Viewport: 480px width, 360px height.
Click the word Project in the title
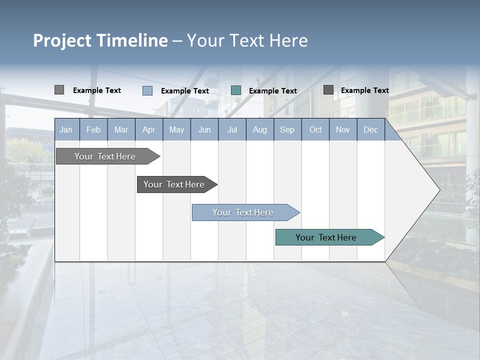pyautogui.click(x=62, y=40)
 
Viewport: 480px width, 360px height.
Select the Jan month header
pyautogui.click(x=66, y=130)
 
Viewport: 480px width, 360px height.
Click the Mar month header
pyautogui.click(x=121, y=130)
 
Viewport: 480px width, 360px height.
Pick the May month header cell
pyautogui.click(x=176, y=130)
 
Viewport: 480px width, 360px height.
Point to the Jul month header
pyautogui.click(x=232, y=130)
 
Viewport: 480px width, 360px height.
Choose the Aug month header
pyautogui.click(x=260, y=130)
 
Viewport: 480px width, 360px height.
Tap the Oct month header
pyautogui.click(x=315, y=130)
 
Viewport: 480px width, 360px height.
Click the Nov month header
pyautogui.click(x=343, y=130)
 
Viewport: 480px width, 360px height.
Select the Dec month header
pyautogui.click(x=370, y=130)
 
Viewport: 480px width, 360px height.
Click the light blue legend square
pyautogui.click(x=147, y=90)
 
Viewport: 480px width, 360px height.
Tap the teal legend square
pyautogui.click(x=236, y=90)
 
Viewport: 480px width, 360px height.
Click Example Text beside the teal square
pyautogui.click(x=273, y=91)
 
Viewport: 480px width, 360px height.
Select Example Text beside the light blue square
pyautogui.click(x=185, y=91)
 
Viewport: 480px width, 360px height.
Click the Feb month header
pyautogui.click(x=93, y=130)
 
